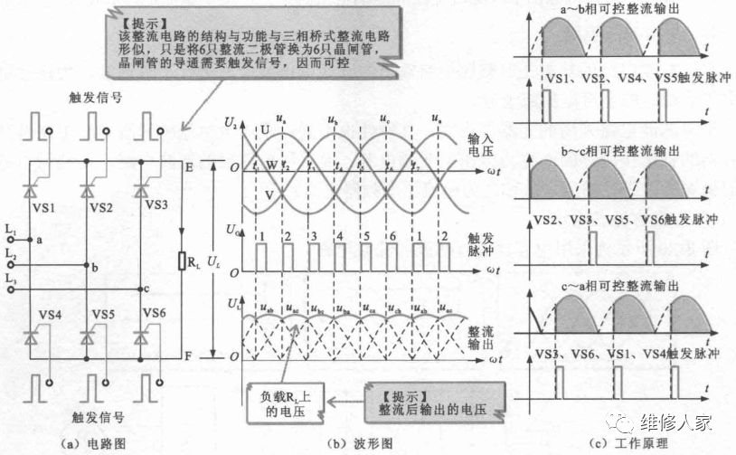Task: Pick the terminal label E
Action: tap(188, 167)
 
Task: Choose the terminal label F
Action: tap(188, 357)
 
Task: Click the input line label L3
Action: tap(10, 283)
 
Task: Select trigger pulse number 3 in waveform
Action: tap(312, 234)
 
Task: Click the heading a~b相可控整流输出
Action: tap(622, 9)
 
